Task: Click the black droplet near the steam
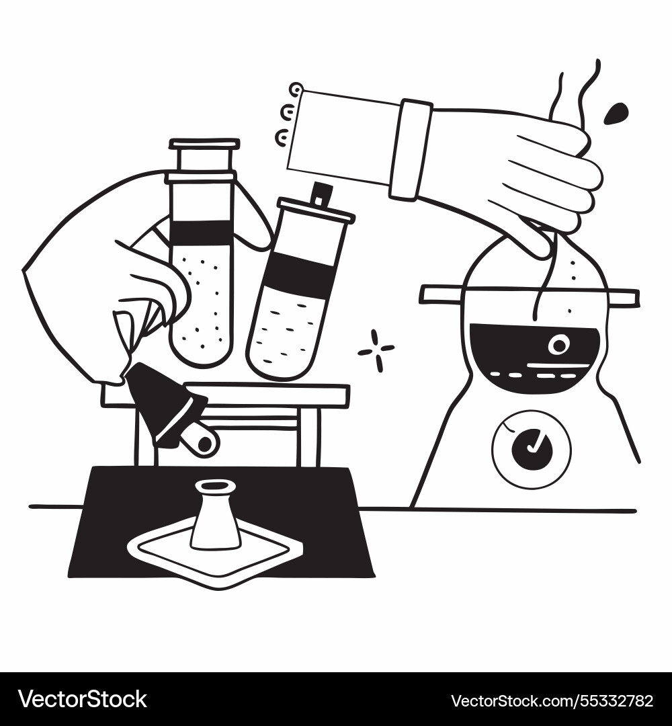point(616,114)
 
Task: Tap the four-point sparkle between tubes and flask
point(376,350)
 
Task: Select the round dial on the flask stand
point(532,449)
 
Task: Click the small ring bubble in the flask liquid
point(558,345)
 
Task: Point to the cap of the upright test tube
point(204,144)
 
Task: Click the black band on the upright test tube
point(201,232)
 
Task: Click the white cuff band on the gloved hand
point(411,149)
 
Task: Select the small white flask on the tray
point(215,518)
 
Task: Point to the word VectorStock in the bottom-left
point(82,699)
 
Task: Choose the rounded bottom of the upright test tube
point(201,350)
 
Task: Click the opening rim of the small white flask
point(215,485)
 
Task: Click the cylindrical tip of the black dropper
point(200,440)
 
